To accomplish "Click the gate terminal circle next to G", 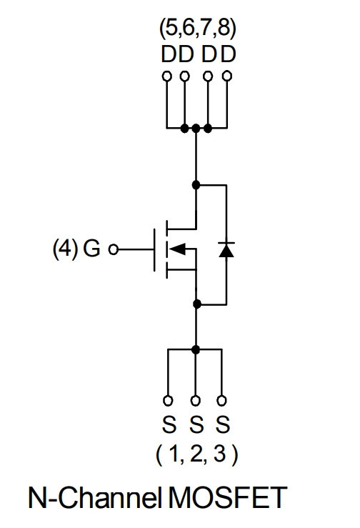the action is pos(114,249).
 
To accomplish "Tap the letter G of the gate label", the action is pos(91,249).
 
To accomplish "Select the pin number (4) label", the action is pos(65,249).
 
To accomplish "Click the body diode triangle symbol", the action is pos(226,250).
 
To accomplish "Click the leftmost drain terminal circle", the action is pos(166,76).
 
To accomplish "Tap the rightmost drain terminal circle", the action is pos(227,76).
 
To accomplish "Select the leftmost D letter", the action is pos(169,54).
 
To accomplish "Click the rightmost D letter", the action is pos(229,54).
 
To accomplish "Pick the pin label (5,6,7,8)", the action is pos(198,29).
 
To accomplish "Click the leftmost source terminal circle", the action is pos(168,400).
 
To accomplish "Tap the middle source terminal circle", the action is pos(195,400).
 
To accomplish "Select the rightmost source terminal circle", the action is pos(221,400).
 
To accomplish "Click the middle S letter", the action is pos(196,424).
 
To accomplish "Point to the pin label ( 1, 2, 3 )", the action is pos(197,454).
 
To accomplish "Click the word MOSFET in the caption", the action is pos(227,498).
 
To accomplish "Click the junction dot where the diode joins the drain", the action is pos(196,185).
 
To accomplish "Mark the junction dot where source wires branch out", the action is pos(195,349).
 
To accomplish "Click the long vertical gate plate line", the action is pos(154,250).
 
